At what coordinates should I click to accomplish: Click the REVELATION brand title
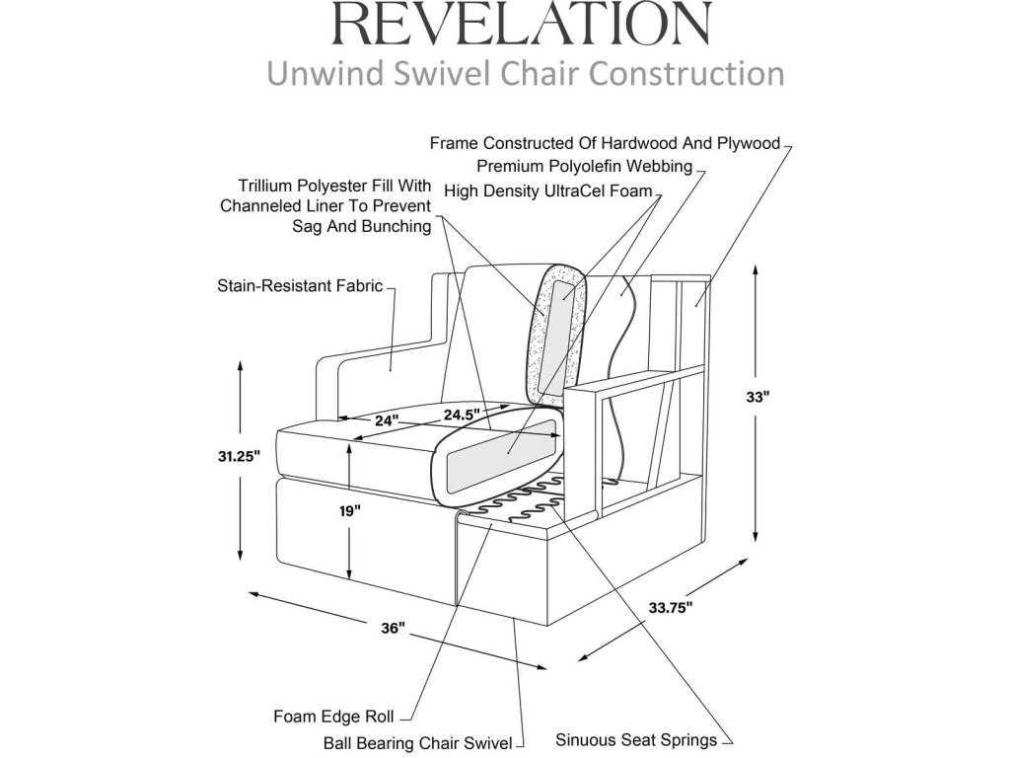click(523, 24)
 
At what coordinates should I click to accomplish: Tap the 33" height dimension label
click(757, 397)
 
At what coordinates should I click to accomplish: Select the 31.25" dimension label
click(239, 457)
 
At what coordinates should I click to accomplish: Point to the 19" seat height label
click(350, 511)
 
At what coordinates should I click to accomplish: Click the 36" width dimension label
click(393, 629)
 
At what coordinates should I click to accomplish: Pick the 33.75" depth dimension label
click(671, 607)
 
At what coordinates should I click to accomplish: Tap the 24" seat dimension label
click(386, 420)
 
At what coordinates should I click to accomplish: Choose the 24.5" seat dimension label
click(462, 413)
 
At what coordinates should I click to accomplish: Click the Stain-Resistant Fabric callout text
click(299, 287)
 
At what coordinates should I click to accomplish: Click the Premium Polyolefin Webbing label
click(584, 166)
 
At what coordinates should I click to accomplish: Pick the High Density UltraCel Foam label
click(548, 190)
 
